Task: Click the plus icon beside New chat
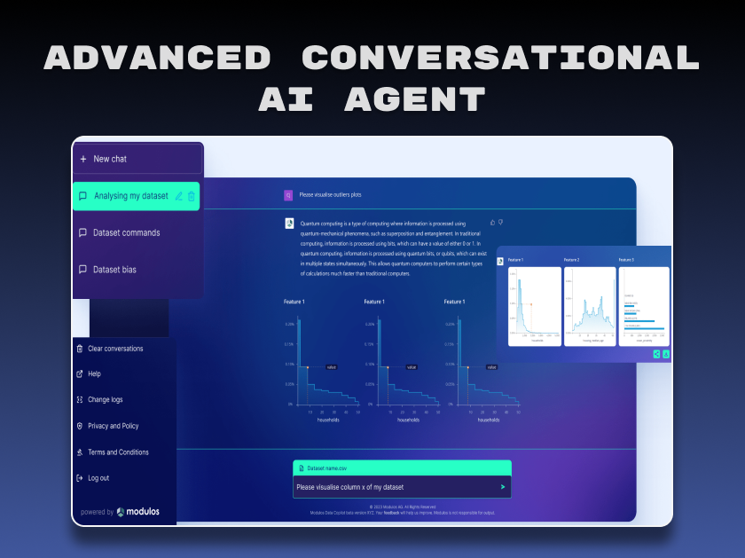pyautogui.click(x=82, y=159)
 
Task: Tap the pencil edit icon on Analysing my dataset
pyautogui.click(x=179, y=196)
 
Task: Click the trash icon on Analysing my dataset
pyautogui.click(x=192, y=196)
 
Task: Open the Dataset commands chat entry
pyautogui.click(x=126, y=232)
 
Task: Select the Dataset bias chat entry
pyautogui.click(x=114, y=269)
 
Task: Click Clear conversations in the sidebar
pyautogui.click(x=115, y=349)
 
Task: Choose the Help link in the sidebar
pyautogui.click(x=94, y=374)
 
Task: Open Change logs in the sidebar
pyautogui.click(x=105, y=400)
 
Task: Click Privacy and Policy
pyautogui.click(x=113, y=426)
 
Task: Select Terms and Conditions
pyautogui.click(x=118, y=452)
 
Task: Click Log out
pyautogui.click(x=98, y=478)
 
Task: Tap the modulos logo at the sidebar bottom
pyautogui.click(x=133, y=512)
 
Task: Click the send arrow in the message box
pyautogui.click(x=503, y=487)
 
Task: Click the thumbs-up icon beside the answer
pyautogui.click(x=492, y=222)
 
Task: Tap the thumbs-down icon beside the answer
pyautogui.click(x=501, y=222)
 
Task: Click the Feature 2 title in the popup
pyautogui.click(x=571, y=260)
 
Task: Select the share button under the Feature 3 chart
pyautogui.click(x=656, y=353)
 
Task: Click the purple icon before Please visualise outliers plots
pyautogui.click(x=288, y=194)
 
